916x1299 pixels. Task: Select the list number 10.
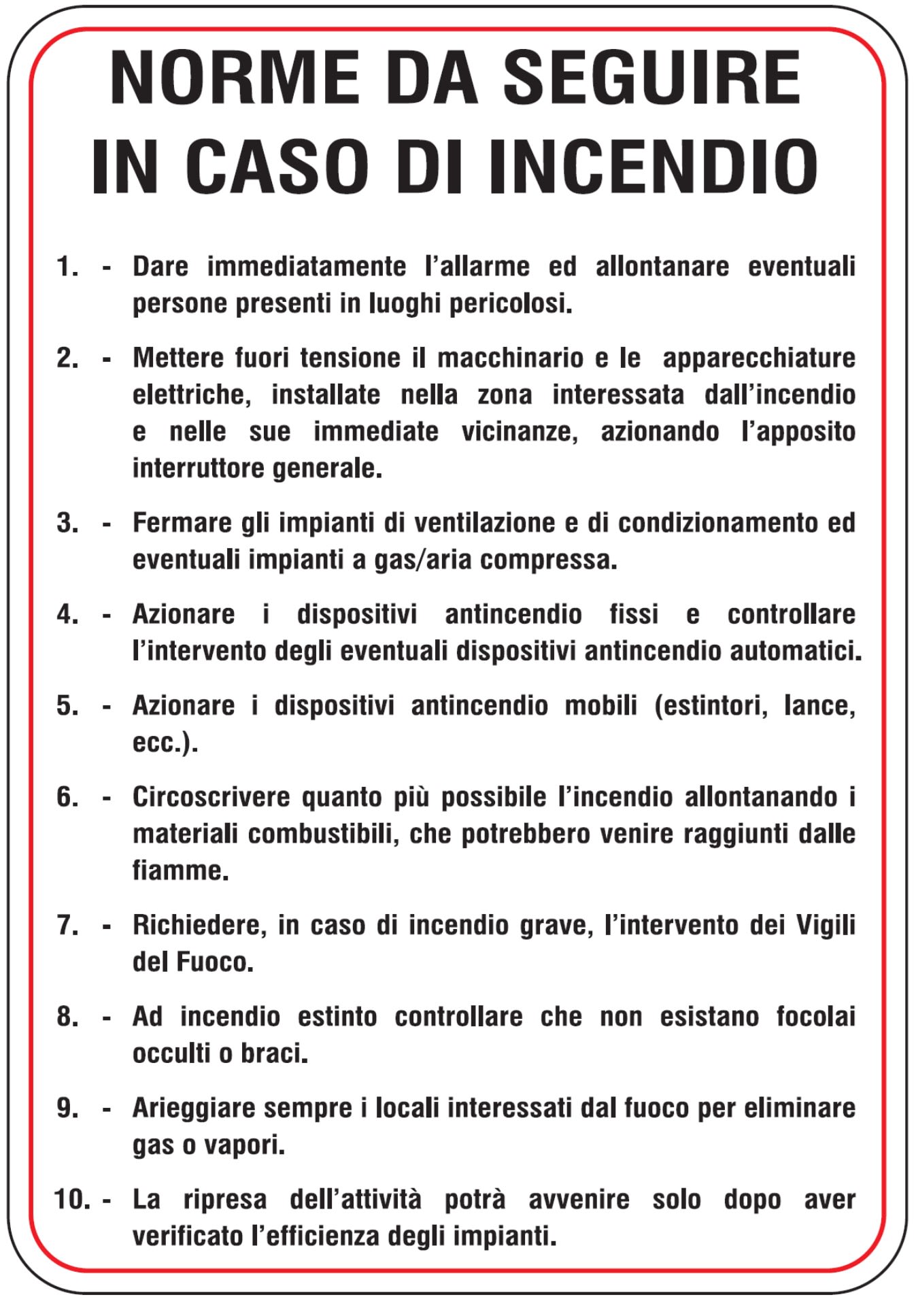coord(71,1199)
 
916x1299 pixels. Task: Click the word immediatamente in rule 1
coord(306,267)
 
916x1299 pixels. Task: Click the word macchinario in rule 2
coord(510,358)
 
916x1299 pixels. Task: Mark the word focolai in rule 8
coord(815,1017)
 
